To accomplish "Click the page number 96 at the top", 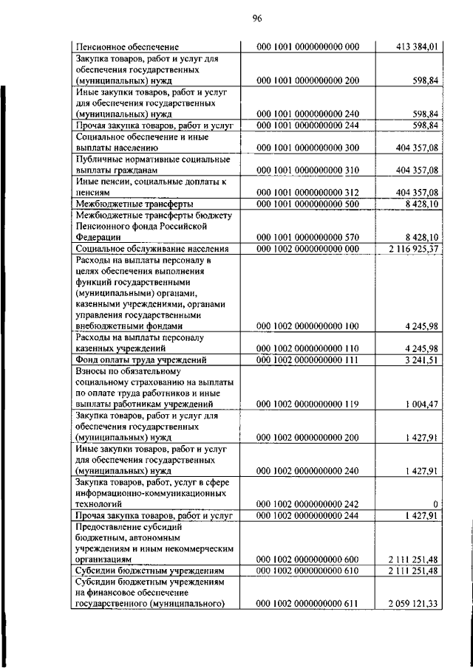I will click(x=236, y=18).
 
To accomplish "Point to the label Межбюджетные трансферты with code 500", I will click(x=135, y=204).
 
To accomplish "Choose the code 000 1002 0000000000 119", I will click(x=307, y=404).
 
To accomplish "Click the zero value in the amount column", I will click(x=436, y=504).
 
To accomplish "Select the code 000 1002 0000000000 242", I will click(x=307, y=504).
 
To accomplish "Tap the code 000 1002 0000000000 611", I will click(x=307, y=605).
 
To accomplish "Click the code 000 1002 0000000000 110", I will click(x=307, y=348).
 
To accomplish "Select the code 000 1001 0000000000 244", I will click(x=307, y=126).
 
